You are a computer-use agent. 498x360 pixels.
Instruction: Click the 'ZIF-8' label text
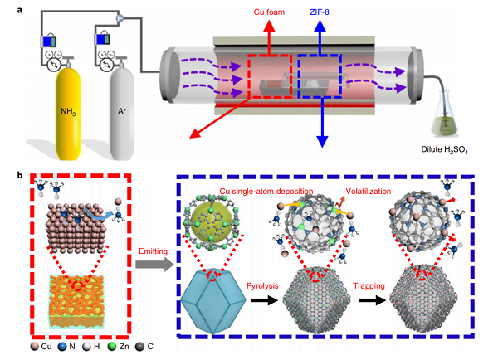click(x=325, y=13)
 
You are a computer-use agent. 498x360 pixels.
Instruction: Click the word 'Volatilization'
click(x=385, y=192)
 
